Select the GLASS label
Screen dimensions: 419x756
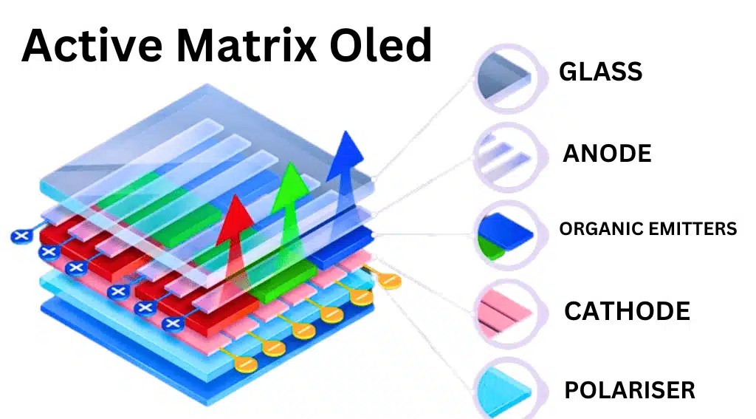click(600, 72)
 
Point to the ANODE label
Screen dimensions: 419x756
click(607, 154)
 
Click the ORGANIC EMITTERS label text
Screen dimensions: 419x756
click(647, 229)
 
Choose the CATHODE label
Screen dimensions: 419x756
click(627, 311)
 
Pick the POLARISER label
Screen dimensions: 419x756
click(629, 390)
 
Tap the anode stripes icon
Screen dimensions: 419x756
click(505, 153)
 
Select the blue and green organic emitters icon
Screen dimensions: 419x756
click(505, 232)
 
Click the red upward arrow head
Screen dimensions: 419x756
click(236, 211)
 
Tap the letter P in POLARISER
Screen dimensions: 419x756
click(571, 390)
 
